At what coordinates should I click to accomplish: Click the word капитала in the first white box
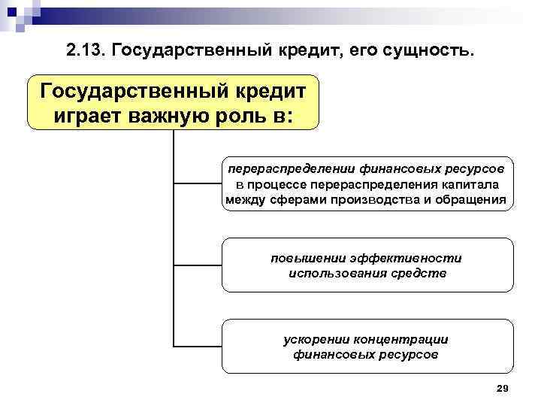point(472,185)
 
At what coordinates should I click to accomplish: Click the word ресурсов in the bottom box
point(407,354)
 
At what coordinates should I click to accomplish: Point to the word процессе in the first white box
point(280,185)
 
